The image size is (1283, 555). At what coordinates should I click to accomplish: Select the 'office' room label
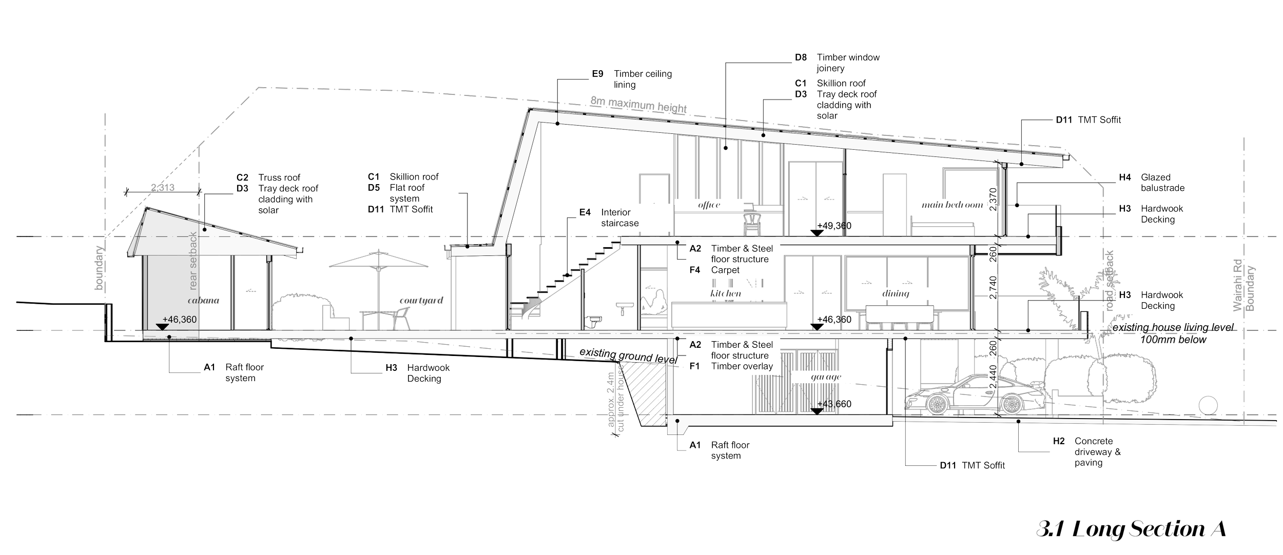pyautogui.click(x=709, y=205)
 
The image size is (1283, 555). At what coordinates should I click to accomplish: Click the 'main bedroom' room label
pyautogui.click(x=952, y=205)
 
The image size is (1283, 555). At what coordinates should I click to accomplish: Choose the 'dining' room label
pyautogui.click(x=895, y=293)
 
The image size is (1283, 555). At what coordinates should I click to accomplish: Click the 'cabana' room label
pyautogui.click(x=203, y=301)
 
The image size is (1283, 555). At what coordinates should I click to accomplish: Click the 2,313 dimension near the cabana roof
pyautogui.click(x=163, y=188)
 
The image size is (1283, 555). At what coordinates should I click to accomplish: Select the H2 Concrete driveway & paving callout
pyautogui.click(x=1088, y=452)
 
